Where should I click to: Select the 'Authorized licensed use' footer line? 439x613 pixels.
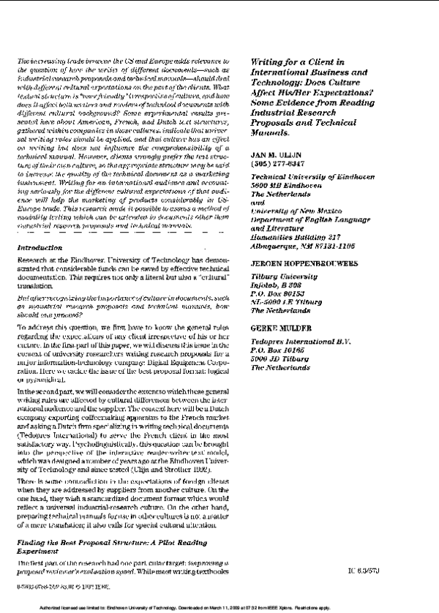219,608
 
